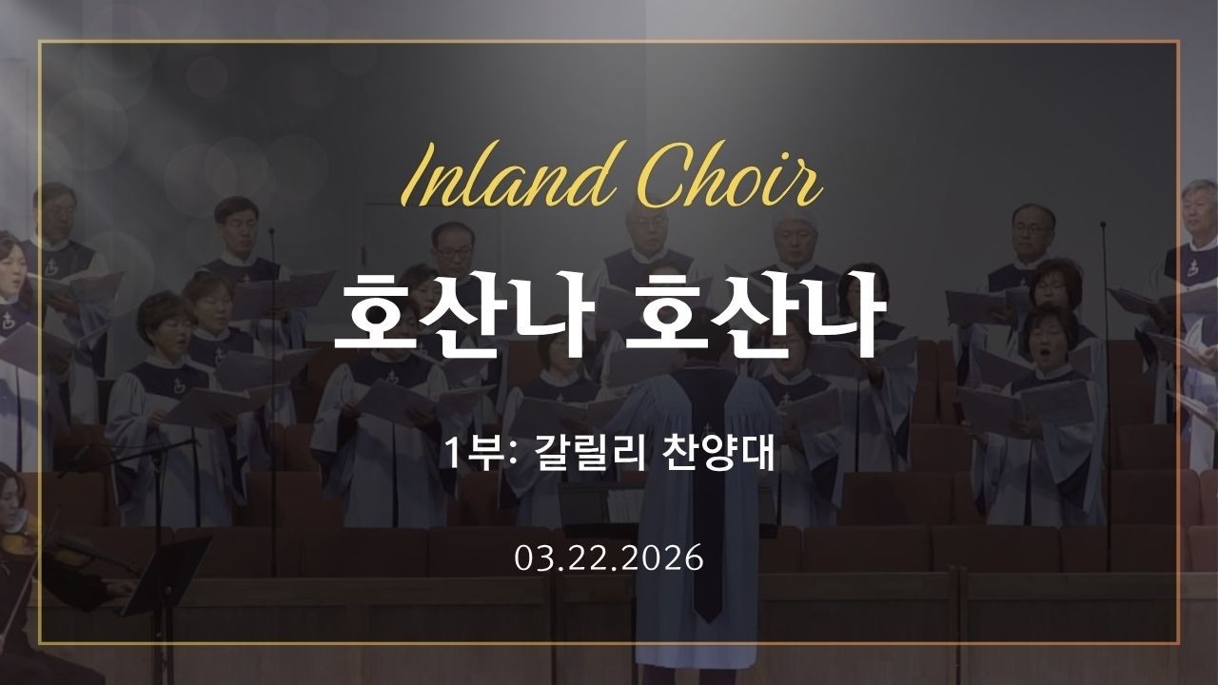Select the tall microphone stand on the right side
pos(1106,381)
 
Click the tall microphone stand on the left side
pos(272,381)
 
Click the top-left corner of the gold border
pos(40,42)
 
